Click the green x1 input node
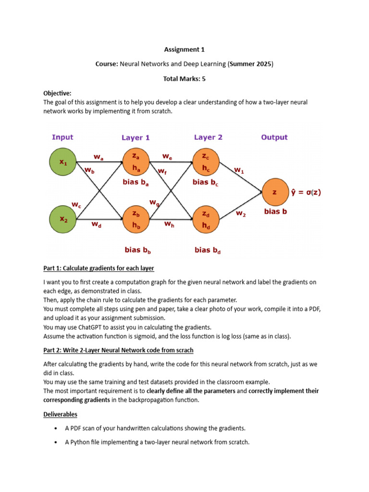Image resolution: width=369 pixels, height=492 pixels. pos(63,162)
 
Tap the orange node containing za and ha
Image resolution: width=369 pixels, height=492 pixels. pos(135,162)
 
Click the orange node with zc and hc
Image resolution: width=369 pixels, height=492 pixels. pos(206,162)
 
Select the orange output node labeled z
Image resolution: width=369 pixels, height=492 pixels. pos(274,192)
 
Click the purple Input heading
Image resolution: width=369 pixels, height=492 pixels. pos(62,137)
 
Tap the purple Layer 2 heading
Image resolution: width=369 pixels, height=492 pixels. pos(208,137)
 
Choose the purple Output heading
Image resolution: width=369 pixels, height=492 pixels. pos(274,137)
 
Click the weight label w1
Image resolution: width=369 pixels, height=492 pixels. pos(239,170)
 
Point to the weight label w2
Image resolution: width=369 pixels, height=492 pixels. pos(241,214)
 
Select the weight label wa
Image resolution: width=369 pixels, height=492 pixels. pos(98,156)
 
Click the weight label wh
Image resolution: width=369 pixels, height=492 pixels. pos(169,223)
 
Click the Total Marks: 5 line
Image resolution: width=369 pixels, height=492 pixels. pos(184,78)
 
